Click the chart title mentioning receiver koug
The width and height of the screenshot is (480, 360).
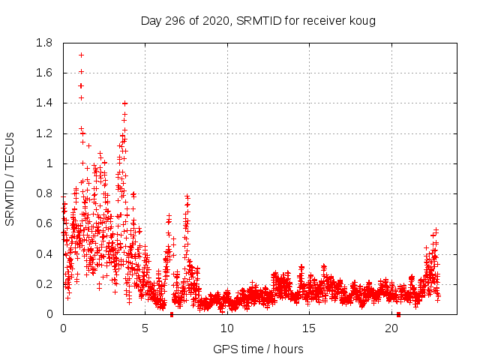258,20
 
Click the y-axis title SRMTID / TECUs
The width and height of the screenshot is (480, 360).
10,178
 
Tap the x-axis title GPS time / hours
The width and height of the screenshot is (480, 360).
258,349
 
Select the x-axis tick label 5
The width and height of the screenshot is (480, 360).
145,328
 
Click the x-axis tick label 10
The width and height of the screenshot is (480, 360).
227,328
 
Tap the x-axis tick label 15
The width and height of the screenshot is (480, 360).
309,328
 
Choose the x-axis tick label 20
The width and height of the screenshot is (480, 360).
391,328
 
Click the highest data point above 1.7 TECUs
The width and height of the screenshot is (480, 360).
81,55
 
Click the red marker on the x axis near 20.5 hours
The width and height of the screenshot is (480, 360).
398,313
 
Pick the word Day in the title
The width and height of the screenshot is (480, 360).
151,20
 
